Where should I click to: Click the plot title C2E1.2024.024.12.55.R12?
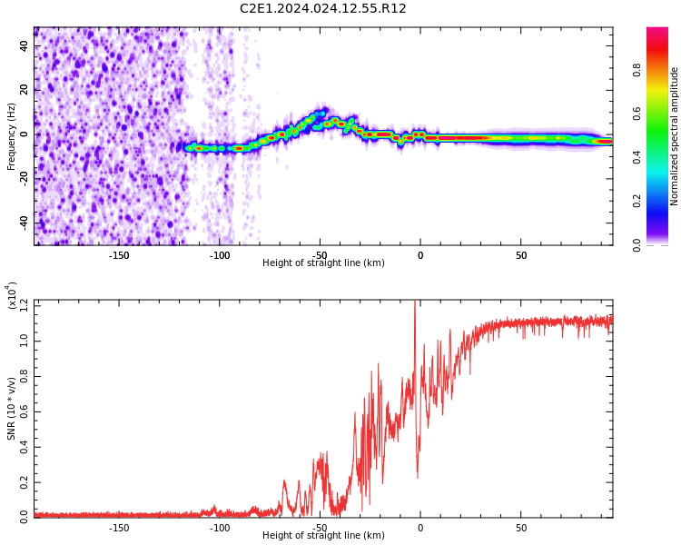click(x=322, y=9)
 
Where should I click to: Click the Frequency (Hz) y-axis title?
click(x=12, y=136)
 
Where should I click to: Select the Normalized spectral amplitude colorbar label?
click(x=675, y=136)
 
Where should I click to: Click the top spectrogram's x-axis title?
click(x=323, y=263)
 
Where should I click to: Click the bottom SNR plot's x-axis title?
click(x=323, y=536)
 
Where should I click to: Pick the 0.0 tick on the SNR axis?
click(x=23, y=516)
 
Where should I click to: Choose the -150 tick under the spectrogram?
click(x=119, y=255)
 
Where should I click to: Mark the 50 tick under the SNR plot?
click(x=521, y=528)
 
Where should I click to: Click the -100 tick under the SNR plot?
click(x=220, y=528)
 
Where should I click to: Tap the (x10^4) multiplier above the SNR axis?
click(x=12, y=296)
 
